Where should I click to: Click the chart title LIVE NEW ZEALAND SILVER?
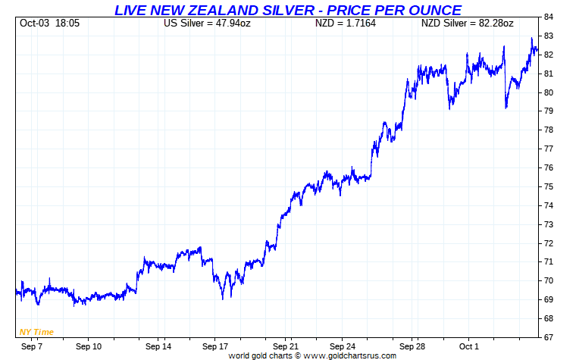(287, 10)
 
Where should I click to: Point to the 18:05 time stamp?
(67, 23)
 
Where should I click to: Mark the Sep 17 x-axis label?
(217, 346)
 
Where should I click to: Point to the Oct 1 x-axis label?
(469, 346)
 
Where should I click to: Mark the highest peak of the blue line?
(531, 38)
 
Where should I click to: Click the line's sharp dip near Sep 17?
(223, 298)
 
